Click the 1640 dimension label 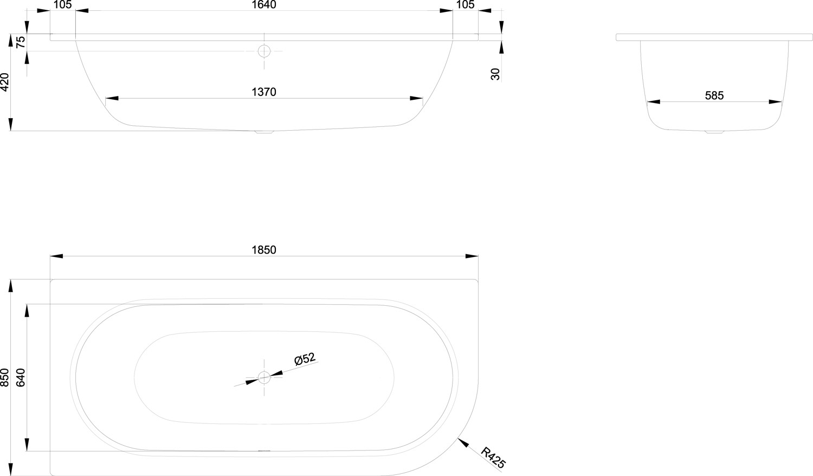tap(264, 4)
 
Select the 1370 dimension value tap(264, 92)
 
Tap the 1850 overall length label tap(264, 250)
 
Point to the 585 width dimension tap(714, 95)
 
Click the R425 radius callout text tap(493, 458)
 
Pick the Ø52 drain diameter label tap(305, 359)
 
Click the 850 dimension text tap(5, 378)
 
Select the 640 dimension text tap(21, 378)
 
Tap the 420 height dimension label tap(5, 82)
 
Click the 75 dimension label tap(21, 42)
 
